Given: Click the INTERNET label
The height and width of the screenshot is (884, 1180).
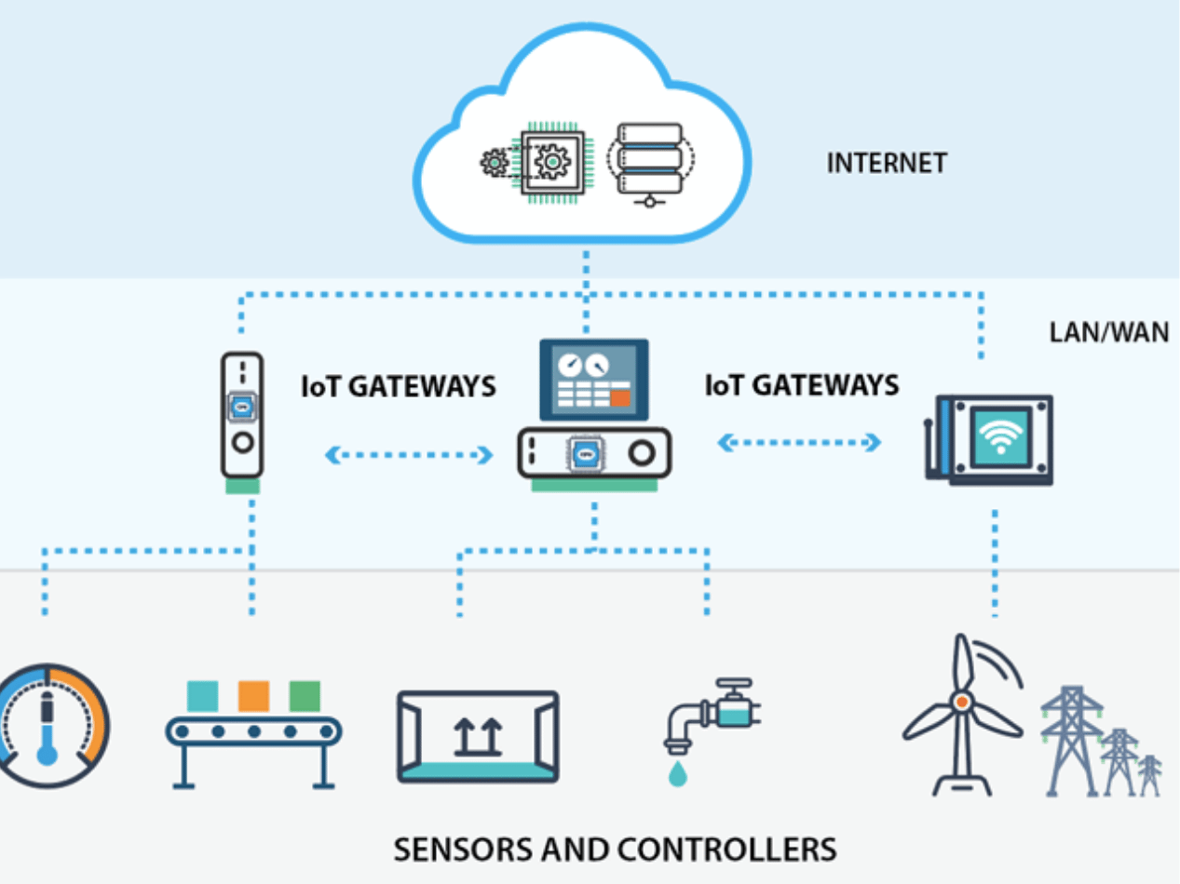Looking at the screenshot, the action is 887,163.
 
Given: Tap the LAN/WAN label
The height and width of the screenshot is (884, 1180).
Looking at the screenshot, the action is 1109,332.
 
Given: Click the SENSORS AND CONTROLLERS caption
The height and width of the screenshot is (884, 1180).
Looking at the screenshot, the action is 615,850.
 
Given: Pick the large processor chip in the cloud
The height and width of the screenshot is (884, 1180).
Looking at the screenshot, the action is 552,163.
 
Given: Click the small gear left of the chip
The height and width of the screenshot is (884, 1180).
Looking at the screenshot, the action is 494,163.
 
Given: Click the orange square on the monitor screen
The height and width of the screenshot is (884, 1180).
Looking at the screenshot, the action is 620,398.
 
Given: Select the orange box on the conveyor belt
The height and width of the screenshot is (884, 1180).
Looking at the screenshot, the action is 253,696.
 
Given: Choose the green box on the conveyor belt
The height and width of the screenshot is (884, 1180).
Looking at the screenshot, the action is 305,696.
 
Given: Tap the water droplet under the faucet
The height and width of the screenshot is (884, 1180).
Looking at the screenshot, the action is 678,774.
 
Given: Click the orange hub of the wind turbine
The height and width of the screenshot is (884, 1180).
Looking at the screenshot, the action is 962,702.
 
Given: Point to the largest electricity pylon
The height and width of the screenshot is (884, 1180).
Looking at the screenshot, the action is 1071,740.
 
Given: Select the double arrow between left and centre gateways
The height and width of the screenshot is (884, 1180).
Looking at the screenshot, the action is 409,455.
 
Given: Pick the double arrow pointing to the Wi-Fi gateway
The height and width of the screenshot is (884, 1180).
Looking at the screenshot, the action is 799,443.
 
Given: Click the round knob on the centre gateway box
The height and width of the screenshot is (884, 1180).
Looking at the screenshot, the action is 642,453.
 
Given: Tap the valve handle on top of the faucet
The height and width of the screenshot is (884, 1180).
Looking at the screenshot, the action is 734,684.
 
